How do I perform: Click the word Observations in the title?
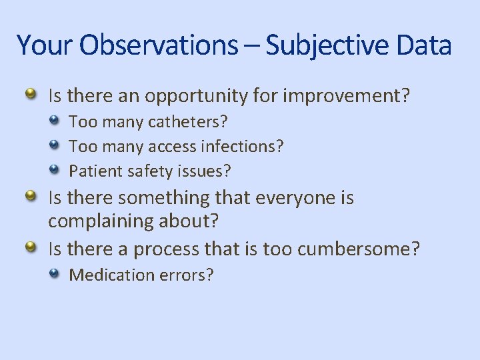coord(157,45)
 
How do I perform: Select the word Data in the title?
coord(423,45)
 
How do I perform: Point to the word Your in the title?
coord(45,45)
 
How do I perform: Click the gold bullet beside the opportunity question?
coord(31,94)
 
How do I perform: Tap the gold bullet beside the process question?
coord(31,247)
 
